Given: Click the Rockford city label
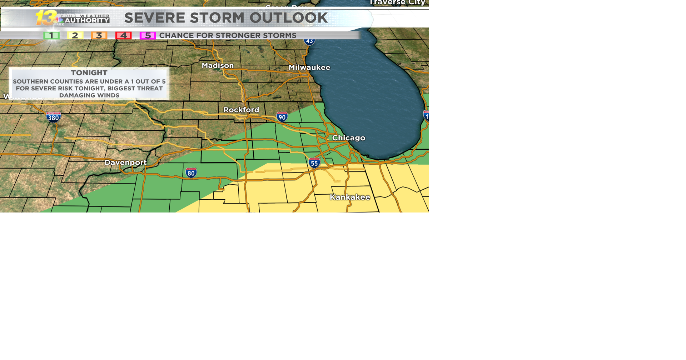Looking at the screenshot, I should tap(241, 110).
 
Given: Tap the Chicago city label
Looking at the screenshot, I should tap(348, 138).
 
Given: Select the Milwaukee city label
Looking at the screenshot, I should tap(309, 67).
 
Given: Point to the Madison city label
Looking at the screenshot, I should tap(218, 66).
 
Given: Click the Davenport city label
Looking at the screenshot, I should tap(125, 162).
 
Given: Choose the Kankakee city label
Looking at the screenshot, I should tap(349, 197).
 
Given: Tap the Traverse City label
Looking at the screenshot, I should tap(397, 3).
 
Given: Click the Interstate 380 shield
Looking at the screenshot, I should tap(53, 117).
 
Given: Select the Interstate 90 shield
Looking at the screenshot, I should tap(282, 117).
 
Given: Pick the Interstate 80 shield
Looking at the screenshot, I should tap(191, 173).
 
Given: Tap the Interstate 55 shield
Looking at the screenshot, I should tap(314, 163).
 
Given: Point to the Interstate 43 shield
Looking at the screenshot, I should tap(309, 41).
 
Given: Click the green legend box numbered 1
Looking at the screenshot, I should tap(51, 35).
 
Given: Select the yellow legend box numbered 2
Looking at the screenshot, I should tap(75, 35).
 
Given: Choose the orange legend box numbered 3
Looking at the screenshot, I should tap(99, 35).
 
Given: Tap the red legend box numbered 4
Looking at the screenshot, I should tap(123, 35).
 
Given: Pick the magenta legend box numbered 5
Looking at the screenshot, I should tap(148, 35).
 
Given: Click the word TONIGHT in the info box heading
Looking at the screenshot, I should tap(89, 73).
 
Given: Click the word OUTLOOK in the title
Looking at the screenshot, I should tap(288, 18).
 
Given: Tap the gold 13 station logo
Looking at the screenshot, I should tap(46, 17).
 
